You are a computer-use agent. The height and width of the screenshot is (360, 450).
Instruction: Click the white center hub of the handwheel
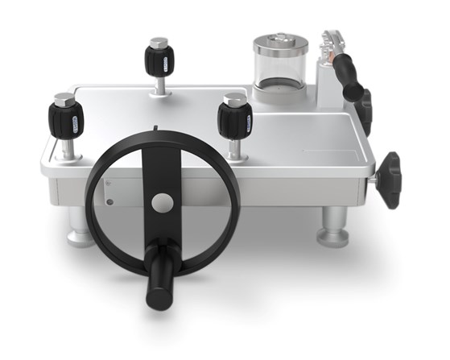(162, 202)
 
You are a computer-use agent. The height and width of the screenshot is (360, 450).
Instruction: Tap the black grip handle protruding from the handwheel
(159, 278)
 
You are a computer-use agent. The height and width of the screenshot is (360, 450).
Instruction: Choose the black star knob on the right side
(390, 178)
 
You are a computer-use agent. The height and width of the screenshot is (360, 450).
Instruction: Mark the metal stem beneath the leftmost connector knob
(69, 148)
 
